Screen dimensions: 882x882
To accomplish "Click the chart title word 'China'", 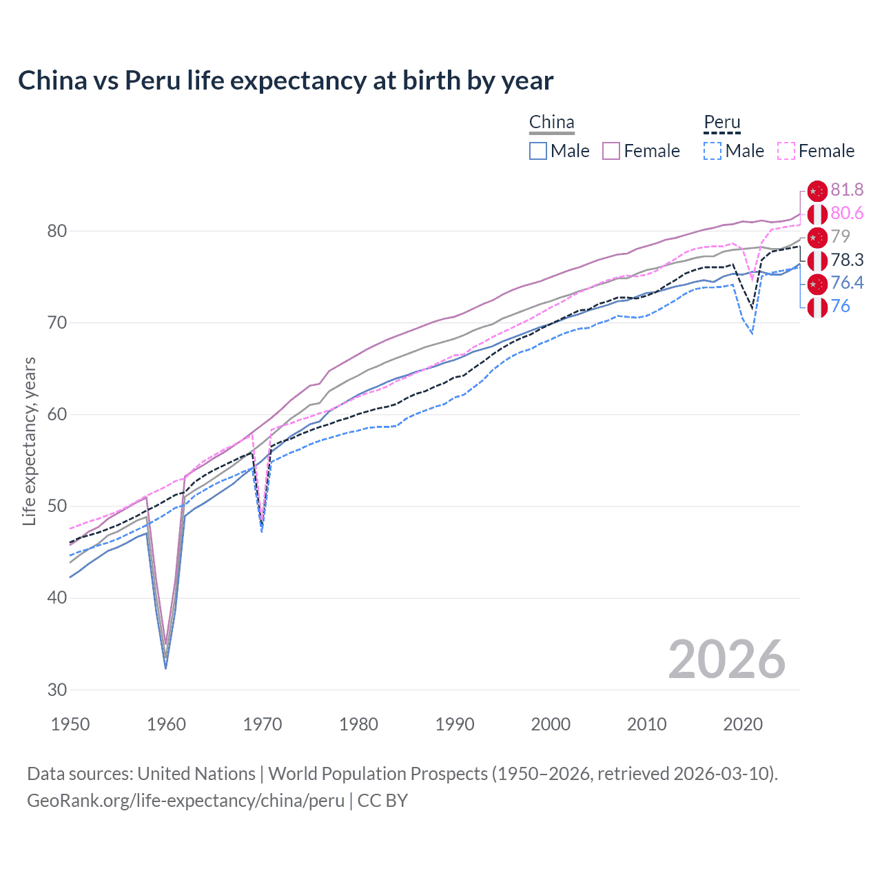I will tap(52, 81).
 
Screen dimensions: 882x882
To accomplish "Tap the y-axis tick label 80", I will tap(57, 231).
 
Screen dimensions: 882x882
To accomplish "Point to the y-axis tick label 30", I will tap(57, 690).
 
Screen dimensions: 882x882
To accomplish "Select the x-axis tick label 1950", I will tap(70, 724).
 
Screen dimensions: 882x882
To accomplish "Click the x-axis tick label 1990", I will tap(455, 724).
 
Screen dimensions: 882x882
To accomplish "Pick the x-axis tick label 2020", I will tap(743, 724).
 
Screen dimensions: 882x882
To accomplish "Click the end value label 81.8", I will tap(847, 190).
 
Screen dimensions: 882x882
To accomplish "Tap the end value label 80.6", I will tap(847, 214).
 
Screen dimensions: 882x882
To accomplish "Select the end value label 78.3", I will tap(847, 260).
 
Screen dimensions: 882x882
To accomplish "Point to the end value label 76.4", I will tap(847, 283).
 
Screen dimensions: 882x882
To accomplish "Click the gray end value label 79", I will tap(840, 236).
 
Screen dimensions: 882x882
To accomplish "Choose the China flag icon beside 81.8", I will tap(817, 191).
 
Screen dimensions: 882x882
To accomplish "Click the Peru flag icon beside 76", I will tap(817, 307).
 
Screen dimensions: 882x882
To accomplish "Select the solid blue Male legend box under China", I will tap(538, 151).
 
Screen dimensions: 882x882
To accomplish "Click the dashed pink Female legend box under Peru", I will tap(786, 151).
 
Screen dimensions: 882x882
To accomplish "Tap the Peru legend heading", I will tap(721, 123).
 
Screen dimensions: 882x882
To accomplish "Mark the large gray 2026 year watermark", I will tap(726, 659).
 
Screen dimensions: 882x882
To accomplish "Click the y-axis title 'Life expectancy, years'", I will tap(29, 441).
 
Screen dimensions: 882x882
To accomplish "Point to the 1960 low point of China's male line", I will tap(165, 668).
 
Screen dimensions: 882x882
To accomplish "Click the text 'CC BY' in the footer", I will tap(382, 801).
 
